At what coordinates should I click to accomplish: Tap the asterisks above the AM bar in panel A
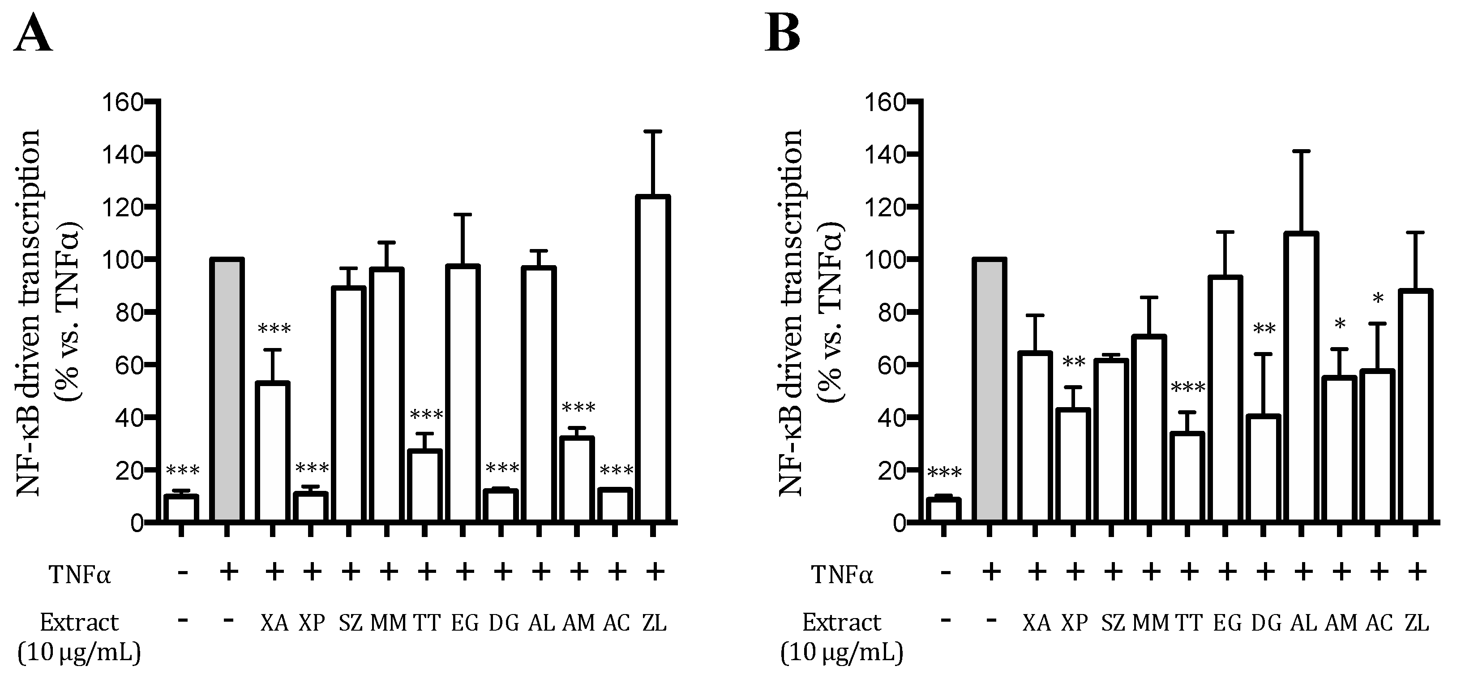coord(578,408)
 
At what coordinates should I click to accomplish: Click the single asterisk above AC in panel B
coord(1378,299)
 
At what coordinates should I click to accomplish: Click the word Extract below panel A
coord(79,623)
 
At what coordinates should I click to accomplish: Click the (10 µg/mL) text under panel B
coord(842,653)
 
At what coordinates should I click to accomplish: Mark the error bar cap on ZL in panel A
coord(653,132)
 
